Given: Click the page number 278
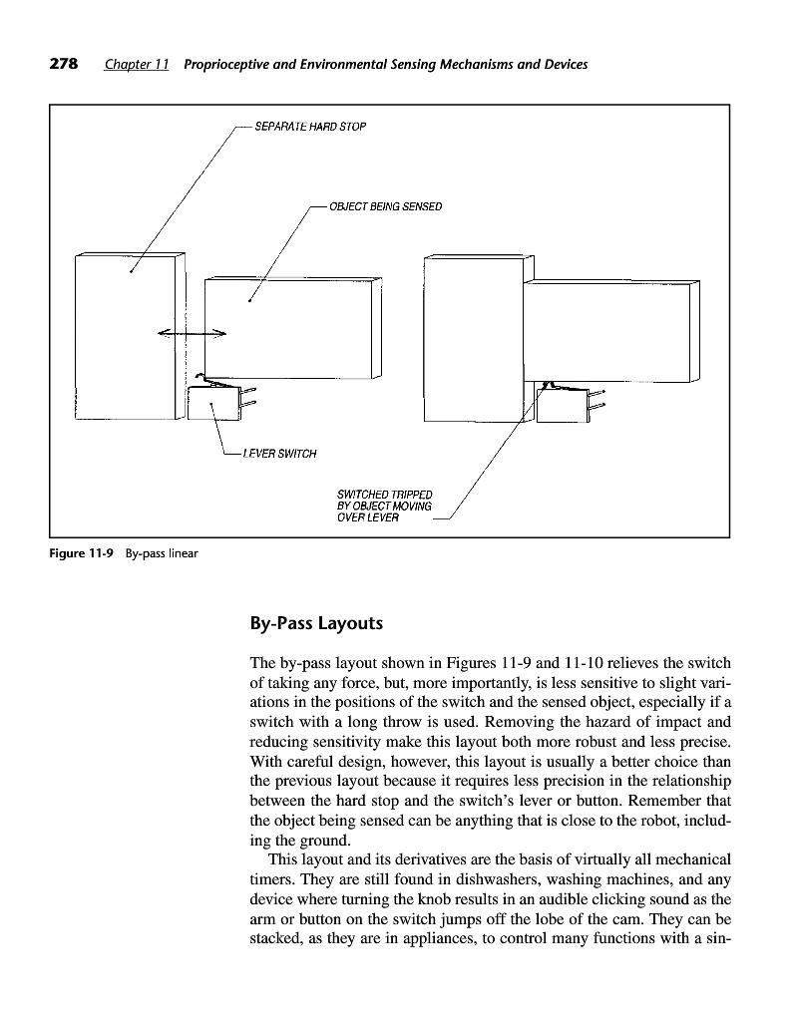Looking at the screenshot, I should point(65,65).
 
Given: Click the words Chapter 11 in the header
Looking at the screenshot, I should point(137,65).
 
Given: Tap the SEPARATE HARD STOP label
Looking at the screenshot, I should point(296,127).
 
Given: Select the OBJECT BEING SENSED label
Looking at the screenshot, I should point(378,207).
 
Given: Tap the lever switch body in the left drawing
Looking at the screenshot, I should point(212,404).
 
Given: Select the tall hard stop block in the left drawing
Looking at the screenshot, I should point(128,337).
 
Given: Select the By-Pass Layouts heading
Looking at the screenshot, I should point(316,624).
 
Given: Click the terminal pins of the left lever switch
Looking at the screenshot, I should point(248,396).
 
